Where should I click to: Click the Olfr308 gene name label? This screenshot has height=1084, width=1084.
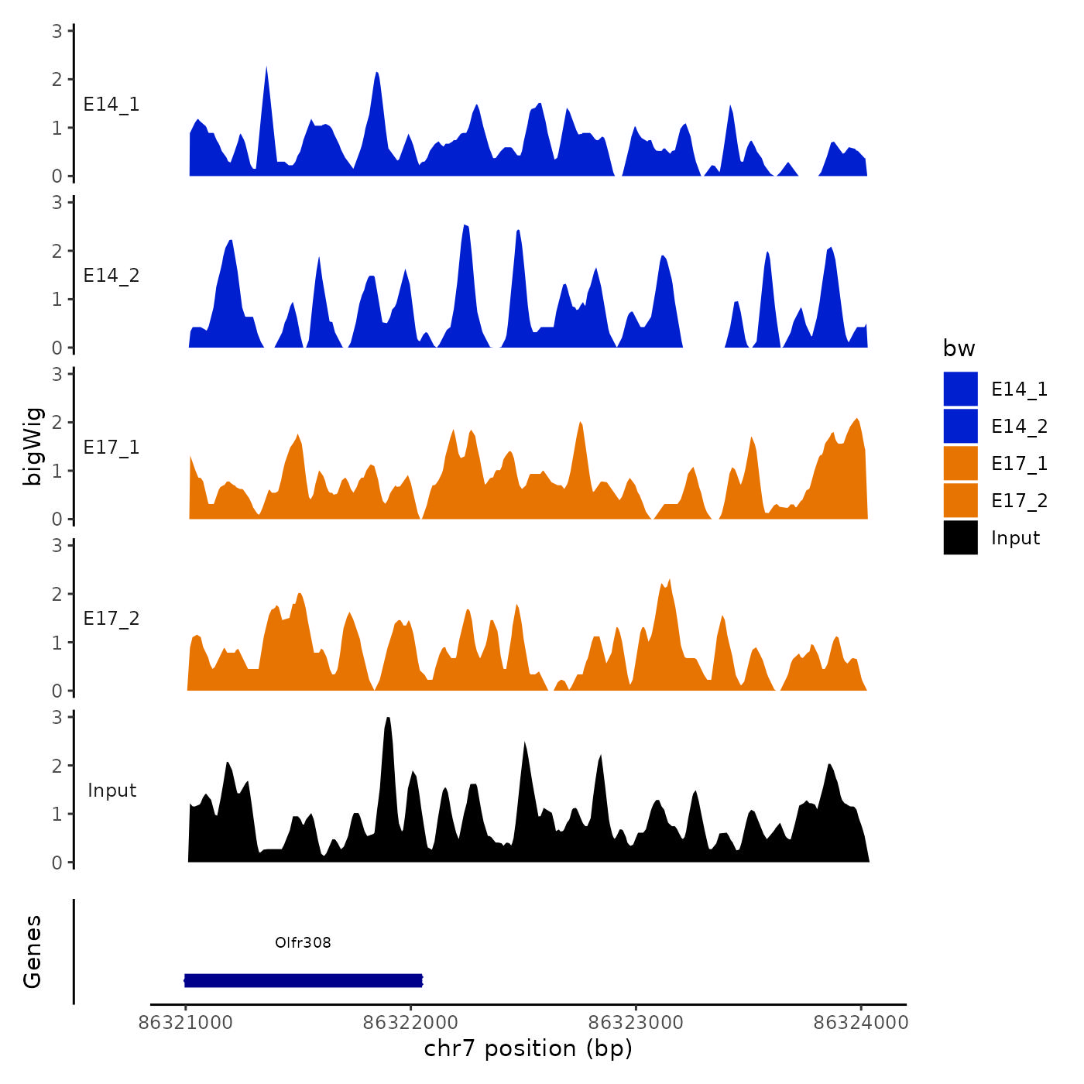pyautogui.click(x=303, y=942)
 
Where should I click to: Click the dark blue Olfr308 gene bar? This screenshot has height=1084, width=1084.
pyautogui.click(x=304, y=981)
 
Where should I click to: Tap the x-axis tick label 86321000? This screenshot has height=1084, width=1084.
pyautogui.click(x=185, y=1023)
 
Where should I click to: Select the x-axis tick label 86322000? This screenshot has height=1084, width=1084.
pyautogui.click(x=410, y=1023)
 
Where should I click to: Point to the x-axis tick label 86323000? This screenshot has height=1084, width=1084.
pyautogui.click(x=636, y=1023)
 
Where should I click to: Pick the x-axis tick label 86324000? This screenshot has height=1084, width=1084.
pyautogui.click(x=860, y=1023)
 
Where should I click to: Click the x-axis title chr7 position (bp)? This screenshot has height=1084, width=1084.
pyautogui.click(x=528, y=1049)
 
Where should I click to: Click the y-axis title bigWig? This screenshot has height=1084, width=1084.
pyautogui.click(x=33, y=446)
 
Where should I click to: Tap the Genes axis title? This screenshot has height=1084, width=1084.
pyautogui.click(x=33, y=952)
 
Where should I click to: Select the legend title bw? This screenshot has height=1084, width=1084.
pyautogui.click(x=959, y=348)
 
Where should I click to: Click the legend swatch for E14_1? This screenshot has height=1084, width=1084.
pyautogui.click(x=960, y=389)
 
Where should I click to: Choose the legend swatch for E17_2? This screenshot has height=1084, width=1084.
pyautogui.click(x=960, y=500)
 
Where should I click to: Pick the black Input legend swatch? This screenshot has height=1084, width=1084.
pyautogui.click(x=960, y=537)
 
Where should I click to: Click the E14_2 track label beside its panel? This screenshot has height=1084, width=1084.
pyautogui.click(x=111, y=276)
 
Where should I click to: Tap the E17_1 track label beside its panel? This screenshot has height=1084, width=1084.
pyautogui.click(x=111, y=448)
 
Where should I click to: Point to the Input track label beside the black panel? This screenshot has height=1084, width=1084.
pyautogui.click(x=111, y=791)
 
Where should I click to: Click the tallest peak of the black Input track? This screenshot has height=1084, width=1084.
pyautogui.click(x=388, y=720)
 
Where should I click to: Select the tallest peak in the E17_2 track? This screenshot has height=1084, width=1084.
pyautogui.click(x=669, y=581)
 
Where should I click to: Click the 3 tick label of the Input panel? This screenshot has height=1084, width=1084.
pyautogui.click(x=57, y=717)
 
